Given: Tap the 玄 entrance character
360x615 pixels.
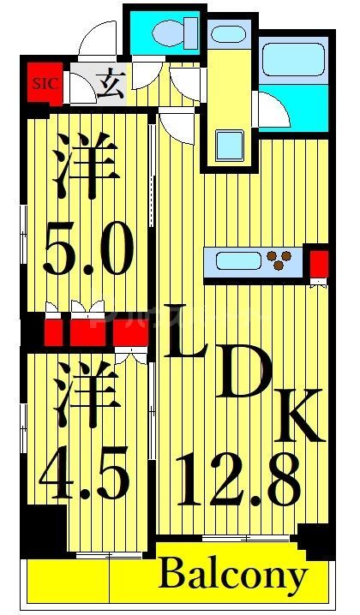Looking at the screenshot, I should point(108,87).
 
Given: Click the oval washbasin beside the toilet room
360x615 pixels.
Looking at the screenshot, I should point(228,35).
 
